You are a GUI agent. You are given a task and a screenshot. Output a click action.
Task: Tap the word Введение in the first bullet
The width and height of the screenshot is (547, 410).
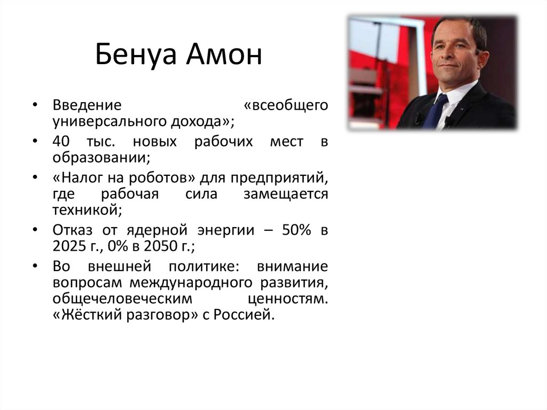[88, 104]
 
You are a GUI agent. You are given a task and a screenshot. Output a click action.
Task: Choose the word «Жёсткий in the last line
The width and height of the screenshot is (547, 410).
[87, 315]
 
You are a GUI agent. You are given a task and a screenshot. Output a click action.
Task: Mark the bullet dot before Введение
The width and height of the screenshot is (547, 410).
[34, 105]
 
